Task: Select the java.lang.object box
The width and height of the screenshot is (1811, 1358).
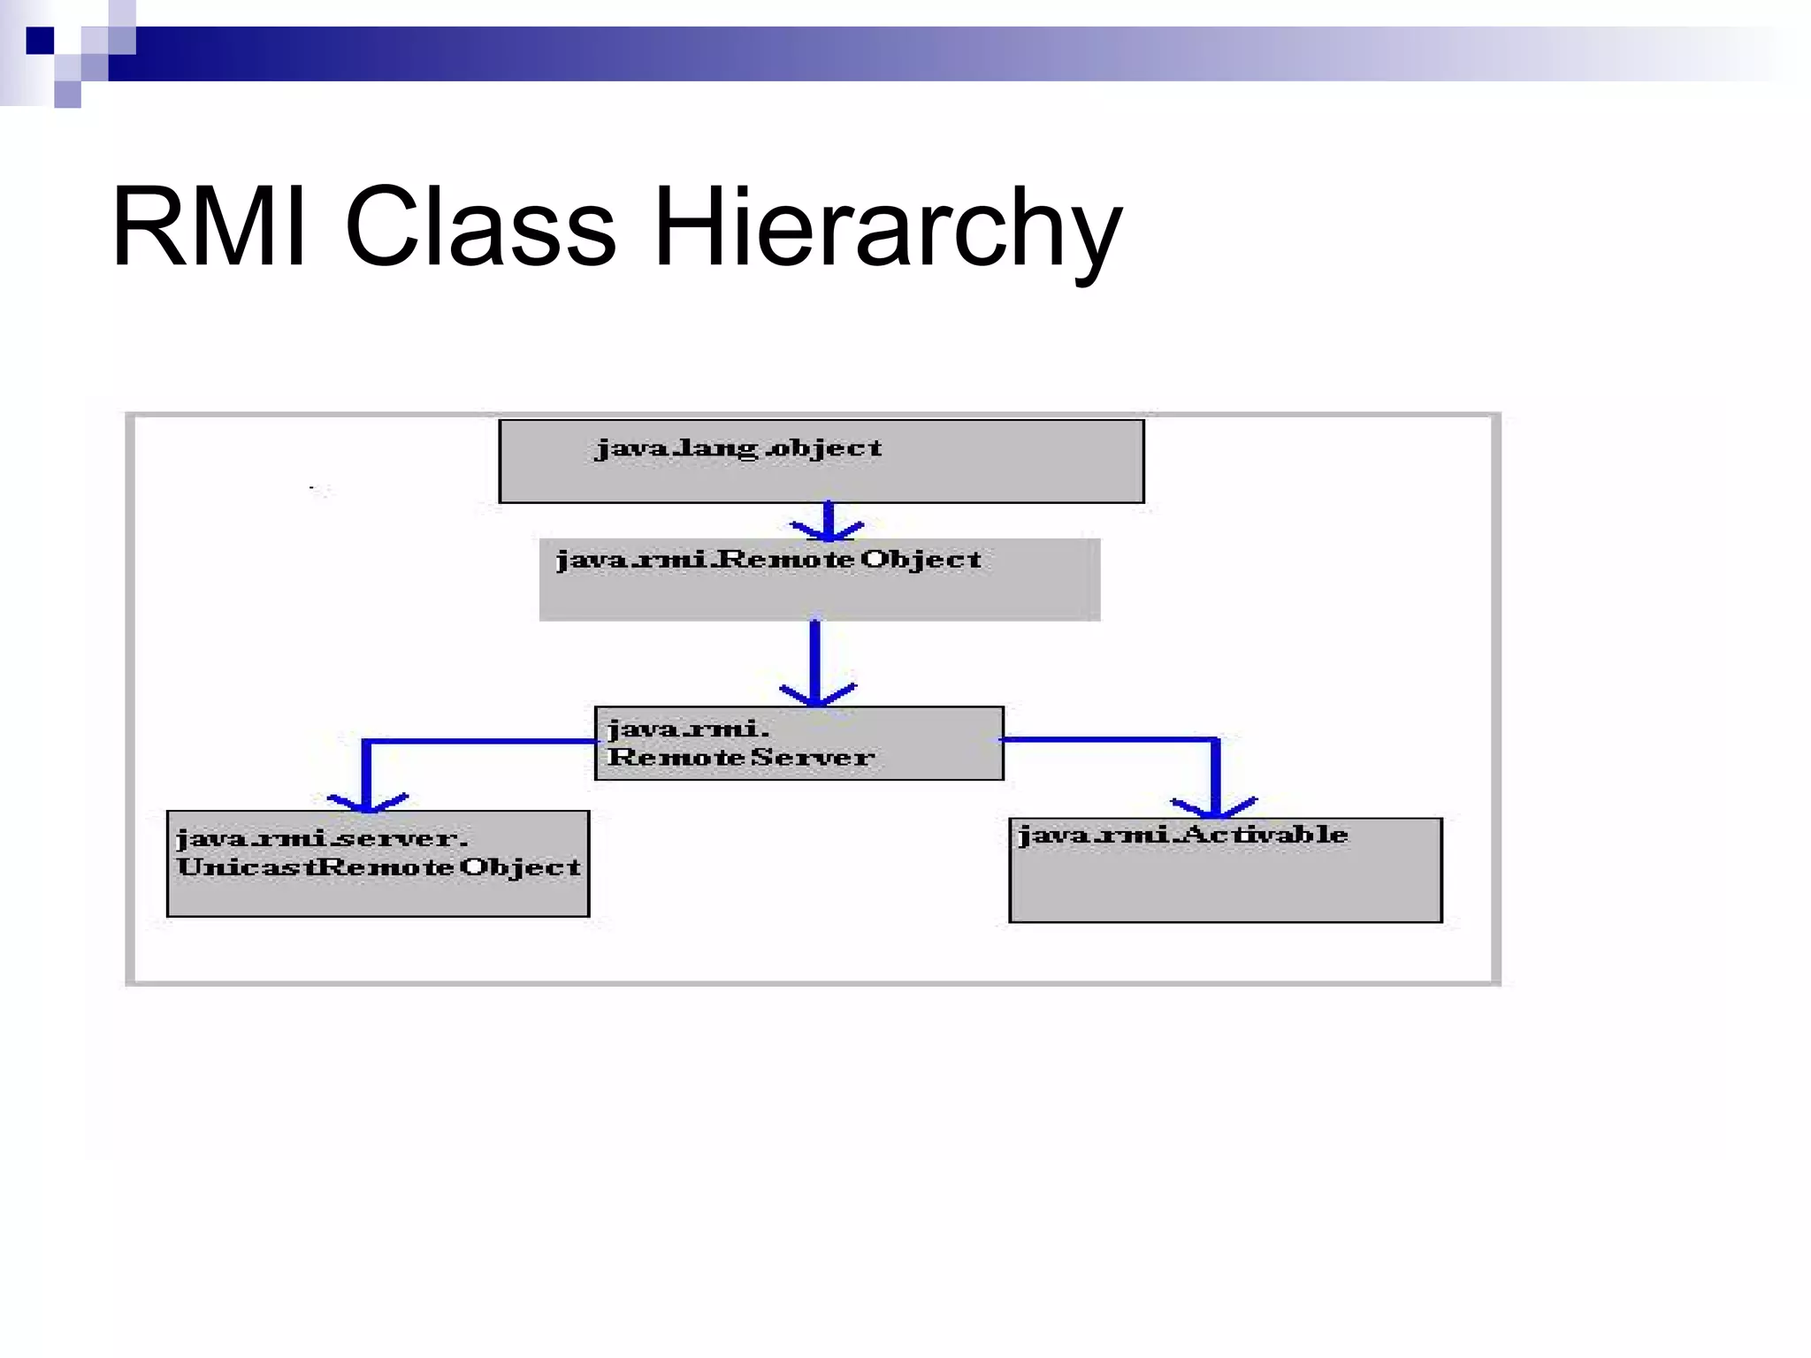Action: click(x=821, y=477)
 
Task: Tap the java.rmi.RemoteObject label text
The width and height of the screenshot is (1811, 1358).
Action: click(x=768, y=560)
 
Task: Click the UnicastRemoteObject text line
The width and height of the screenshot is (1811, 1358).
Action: click(x=378, y=866)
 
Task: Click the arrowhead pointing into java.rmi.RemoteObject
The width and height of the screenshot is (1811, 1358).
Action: click(x=828, y=530)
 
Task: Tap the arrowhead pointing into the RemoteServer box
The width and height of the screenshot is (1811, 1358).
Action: click(x=816, y=695)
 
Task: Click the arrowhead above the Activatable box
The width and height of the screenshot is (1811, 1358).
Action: click(x=1214, y=806)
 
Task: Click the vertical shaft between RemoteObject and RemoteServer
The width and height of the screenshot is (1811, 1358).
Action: click(x=815, y=654)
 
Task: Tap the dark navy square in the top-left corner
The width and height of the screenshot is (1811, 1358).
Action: click(x=41, y=41)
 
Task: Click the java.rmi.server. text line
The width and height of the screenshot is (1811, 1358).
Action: click(x=322, y=838)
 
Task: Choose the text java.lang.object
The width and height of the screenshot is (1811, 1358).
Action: click(x=738, y=448)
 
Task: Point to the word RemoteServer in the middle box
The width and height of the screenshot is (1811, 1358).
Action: click(x=740, y=758)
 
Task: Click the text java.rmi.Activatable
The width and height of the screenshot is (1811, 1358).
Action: click(x=1182, y=835)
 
